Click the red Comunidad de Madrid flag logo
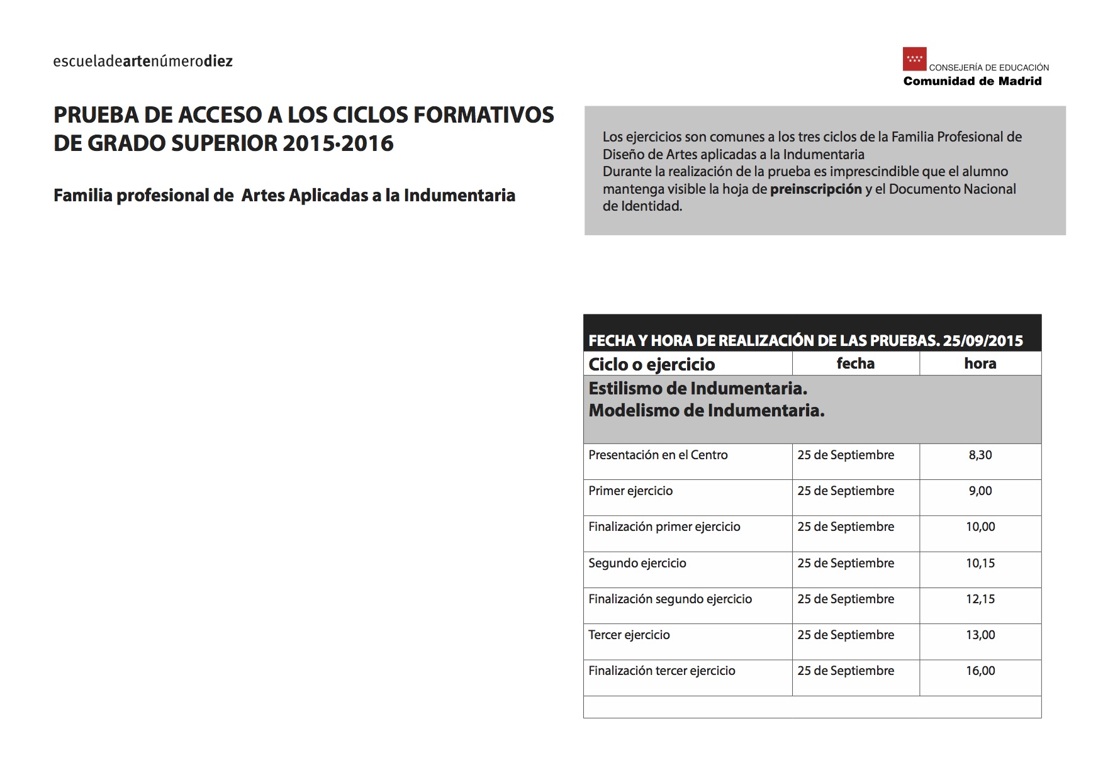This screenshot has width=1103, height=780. tap(914, 59)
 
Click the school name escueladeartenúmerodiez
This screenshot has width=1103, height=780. tap(143, 61)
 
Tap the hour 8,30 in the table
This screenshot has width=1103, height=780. tap(980, 455)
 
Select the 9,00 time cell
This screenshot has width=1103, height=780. tap(980, 491)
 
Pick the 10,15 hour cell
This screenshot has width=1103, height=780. tap(980, 563)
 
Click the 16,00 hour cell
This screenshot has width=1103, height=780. tap(980, 671)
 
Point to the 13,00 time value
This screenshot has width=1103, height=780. tap(980, 635)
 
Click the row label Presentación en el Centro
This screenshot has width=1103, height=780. tap(658, 455)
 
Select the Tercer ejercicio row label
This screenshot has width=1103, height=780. tap(629, 635)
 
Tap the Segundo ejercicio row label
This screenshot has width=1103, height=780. tap(637, 563)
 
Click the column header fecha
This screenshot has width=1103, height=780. tap(855, 363)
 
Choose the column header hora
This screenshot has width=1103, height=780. tap(980, 363)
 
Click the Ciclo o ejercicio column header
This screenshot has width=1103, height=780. tap(651, 364)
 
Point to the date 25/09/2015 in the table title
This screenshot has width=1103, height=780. tap(983, 341)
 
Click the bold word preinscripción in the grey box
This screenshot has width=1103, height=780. tap(815, 189)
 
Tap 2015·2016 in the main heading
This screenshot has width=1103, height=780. tap(338, 143)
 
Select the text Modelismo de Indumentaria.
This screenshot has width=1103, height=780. tap(706, 411)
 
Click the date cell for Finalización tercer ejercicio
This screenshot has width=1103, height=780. tap(845, 671)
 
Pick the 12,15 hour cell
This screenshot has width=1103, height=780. tap(980, 599)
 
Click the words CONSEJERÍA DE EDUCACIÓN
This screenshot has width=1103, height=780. tap(988, 67)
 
